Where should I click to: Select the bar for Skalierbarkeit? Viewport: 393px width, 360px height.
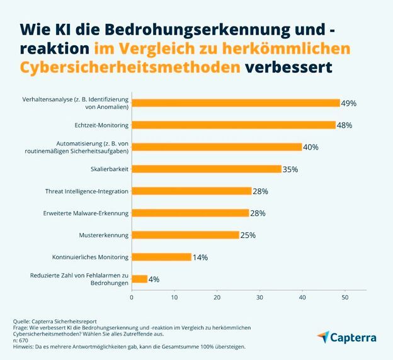click(206, 169)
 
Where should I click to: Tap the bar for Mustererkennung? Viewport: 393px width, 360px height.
click(185, 235)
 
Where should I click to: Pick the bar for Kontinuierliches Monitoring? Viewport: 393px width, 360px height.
click(161, 257)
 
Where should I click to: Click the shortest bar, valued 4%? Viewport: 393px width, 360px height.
click(139, 279)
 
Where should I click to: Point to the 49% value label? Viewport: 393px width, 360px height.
click(349, 103)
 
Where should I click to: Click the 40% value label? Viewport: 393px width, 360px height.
click(310, 147)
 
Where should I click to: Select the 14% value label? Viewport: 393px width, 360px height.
click(200, 257)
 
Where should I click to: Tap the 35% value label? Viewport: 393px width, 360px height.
click(290, 169)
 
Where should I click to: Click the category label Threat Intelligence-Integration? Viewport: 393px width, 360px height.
click(87, 191)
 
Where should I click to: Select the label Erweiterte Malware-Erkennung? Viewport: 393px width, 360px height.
click(87, 213)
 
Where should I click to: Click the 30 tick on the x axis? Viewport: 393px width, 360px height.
click(259, 297)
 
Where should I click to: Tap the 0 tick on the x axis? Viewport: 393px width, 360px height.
click(132, 297)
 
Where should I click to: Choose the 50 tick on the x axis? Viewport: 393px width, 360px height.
click(345, 297)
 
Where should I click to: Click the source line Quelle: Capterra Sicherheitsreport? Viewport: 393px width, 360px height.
click(55, 322)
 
